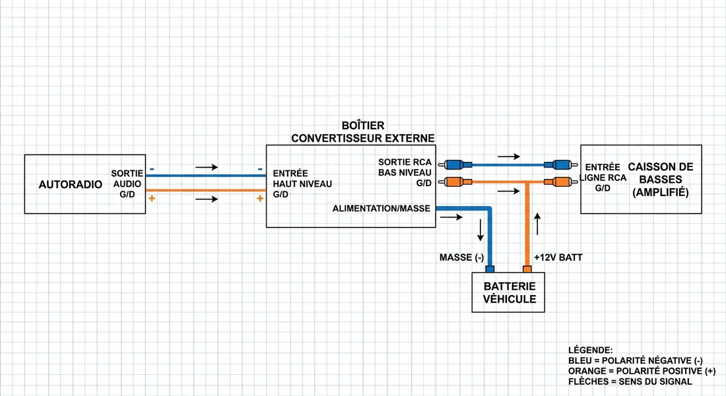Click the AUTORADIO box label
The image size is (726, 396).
71,185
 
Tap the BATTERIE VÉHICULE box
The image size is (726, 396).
510,293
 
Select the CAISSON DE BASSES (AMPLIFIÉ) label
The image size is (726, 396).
660,179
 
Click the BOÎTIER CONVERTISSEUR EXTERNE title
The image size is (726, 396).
363,131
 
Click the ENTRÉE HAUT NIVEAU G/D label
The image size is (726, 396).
302,184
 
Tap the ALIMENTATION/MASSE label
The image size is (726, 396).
381,209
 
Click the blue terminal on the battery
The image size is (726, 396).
490,269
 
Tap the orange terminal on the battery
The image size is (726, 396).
527,269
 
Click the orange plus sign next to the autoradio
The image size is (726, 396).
152,198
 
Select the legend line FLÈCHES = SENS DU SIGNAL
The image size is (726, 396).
630,381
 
